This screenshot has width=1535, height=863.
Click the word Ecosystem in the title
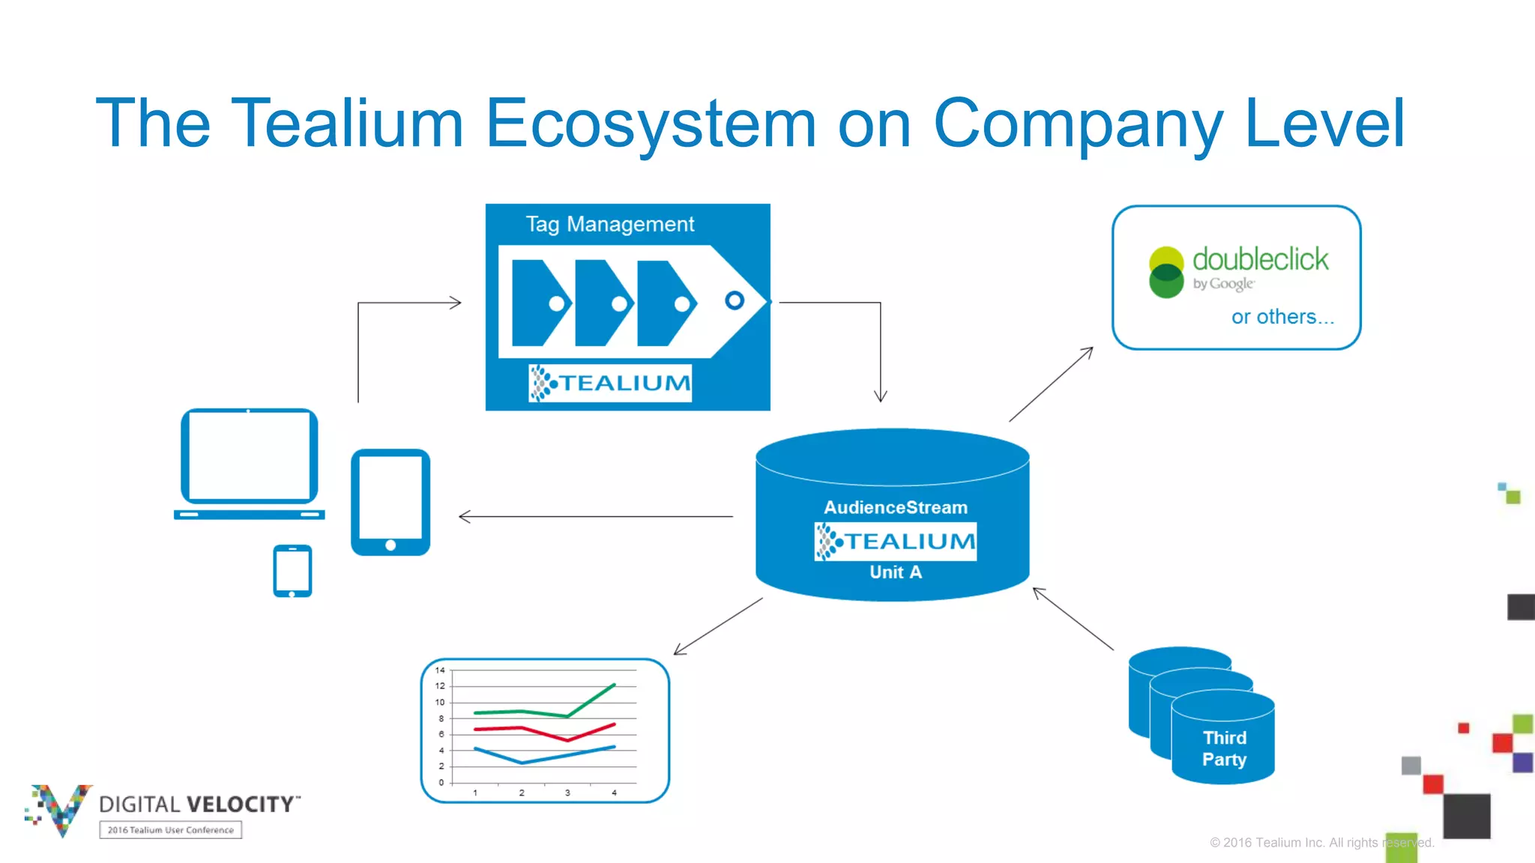[x=651, y=124]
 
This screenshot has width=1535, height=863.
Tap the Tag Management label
[x=609, y=224]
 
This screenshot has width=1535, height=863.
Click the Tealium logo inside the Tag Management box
[x=609, y=383]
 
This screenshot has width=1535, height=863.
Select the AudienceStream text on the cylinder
[x=895, y=507]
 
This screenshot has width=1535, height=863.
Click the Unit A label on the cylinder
[x=895, y=572]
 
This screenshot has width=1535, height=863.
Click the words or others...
[x=1282, y=317]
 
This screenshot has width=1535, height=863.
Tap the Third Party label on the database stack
[x=1224, y=748]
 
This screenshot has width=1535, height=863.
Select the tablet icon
[x=390, y=501]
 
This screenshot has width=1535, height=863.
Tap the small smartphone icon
[x=292, y=571]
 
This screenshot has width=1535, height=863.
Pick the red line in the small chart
[x=525, y=727]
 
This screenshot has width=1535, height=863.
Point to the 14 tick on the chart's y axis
[x=440, y=670]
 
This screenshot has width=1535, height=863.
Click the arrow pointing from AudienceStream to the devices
[x=596, y=516]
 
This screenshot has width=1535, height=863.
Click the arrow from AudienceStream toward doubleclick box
[x=1051, y=384]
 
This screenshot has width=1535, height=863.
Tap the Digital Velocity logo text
[x=198, y=805]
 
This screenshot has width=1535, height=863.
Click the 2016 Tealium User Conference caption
[x=170, y=830]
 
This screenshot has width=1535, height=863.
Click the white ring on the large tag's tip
[x=735, y=300]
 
